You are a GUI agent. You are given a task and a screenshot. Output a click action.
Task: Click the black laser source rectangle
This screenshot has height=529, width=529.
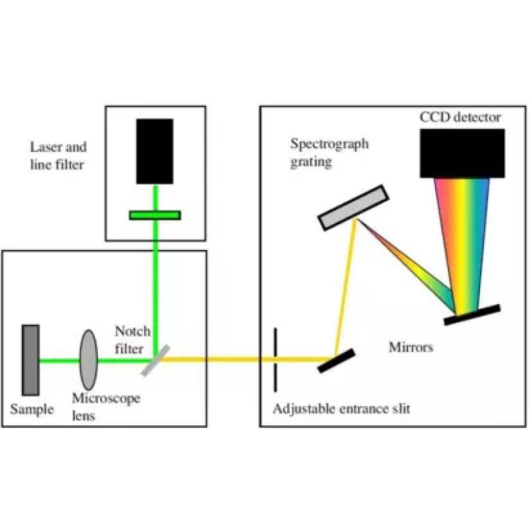(155, 151)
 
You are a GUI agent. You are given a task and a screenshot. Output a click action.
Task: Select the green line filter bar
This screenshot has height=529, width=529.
(155, 215)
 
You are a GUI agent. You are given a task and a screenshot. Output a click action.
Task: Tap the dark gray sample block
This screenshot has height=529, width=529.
(30, 360)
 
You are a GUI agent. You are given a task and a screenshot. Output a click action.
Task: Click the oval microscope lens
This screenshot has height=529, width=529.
(89, 360)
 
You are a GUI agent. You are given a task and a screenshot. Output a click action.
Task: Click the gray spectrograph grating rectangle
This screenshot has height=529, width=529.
(353, 208)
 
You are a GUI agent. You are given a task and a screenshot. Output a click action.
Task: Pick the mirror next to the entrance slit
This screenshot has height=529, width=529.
(336, 360)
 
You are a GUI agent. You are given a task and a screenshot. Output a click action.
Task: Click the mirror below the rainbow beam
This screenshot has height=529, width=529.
(471, 315)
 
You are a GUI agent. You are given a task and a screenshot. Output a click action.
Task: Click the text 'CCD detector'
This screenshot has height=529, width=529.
(460, 118)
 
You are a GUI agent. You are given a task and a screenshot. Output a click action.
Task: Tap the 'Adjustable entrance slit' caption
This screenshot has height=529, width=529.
(341, 409)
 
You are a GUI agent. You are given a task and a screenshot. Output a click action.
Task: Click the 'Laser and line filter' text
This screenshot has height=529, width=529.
(58, 155)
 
